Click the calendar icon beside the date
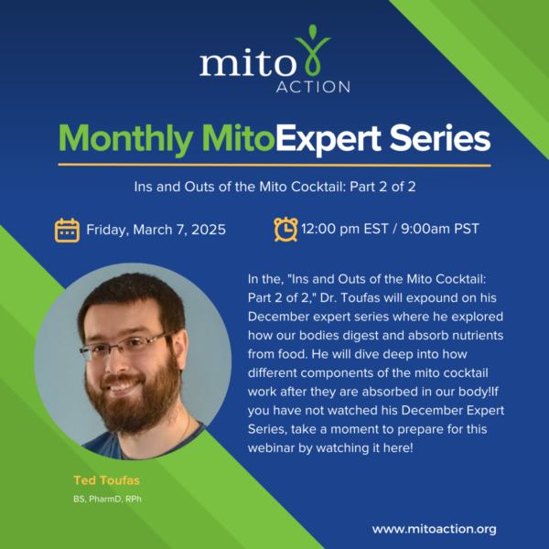[x=67, y=230]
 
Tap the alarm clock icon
[x=285, y=229]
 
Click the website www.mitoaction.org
[x=435, y=529]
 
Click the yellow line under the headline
[x=274, y=165]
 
